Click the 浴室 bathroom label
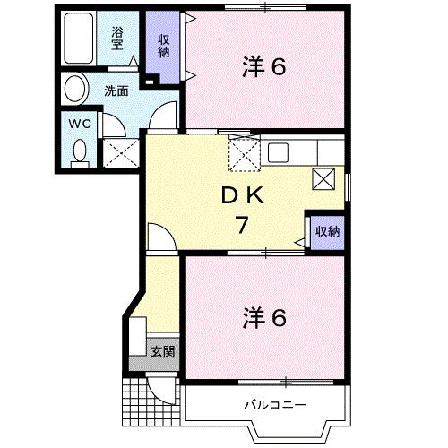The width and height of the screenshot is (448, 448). (117, 39)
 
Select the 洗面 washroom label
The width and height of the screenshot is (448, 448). (116, 90)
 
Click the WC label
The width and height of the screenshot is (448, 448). (79, 125)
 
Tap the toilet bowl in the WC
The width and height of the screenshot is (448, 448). (80, 150)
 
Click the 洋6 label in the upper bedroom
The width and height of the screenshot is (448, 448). (264, 66)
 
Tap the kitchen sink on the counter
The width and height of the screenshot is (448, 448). (277, 151)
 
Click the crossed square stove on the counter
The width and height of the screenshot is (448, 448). (323, 177)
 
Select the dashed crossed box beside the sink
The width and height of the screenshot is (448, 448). (243, 154)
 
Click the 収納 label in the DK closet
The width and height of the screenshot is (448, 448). (327, 231)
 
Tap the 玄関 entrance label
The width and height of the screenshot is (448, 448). (162, 350)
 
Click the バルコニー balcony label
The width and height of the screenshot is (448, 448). (276, 406)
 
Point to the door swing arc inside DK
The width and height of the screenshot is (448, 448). (159, 237)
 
